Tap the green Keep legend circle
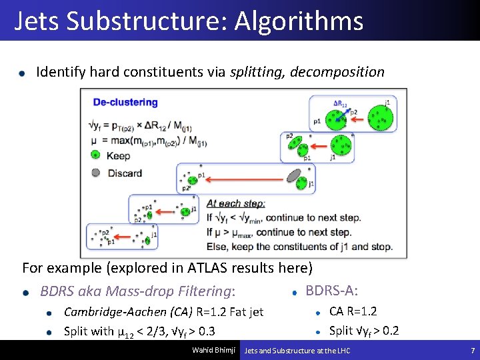click(x=95, y=155)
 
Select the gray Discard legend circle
click(x=95, y=173)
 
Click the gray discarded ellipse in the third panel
click(x=294, y=175)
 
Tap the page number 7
click(x=472, y=351)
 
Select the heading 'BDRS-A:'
click(x=331, y=291)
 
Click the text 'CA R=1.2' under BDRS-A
click(x=353, y=311)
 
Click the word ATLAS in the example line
click(x=207, y=268)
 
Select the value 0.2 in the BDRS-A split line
click(x=391, y=331)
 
